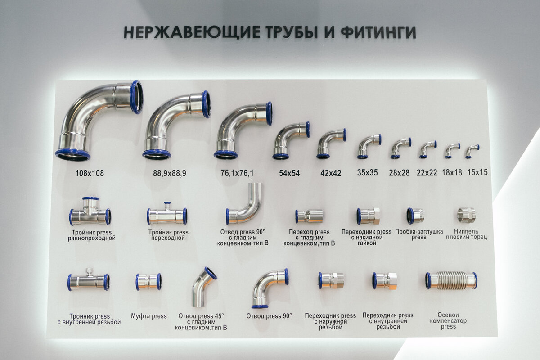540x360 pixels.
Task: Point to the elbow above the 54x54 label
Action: [x=290, y=139]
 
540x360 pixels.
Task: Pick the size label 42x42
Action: [x=331, y=173]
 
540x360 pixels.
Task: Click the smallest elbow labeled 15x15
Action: [x=472, y=151]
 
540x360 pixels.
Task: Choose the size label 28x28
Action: [x=400, y=173]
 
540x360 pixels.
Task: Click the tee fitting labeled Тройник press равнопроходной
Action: [x=90, y=212]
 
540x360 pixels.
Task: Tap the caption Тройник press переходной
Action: [x=168, y=235]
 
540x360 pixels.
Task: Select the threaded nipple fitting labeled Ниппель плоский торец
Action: [x=466, y=215]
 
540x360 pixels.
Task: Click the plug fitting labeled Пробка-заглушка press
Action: [x=415, y=216]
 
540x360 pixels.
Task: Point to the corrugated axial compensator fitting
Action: [x=451, y=280]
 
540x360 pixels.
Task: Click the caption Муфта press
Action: [x=149, y=316]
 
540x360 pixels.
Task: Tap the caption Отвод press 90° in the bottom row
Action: [x=269, y=316]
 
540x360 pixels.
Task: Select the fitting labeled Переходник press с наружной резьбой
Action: [x=331, y=280]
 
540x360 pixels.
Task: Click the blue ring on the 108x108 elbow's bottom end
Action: [x=72, y=155]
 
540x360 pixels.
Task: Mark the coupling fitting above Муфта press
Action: [x=148, y=282]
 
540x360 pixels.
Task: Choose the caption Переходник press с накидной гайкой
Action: [x=366, y=238]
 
